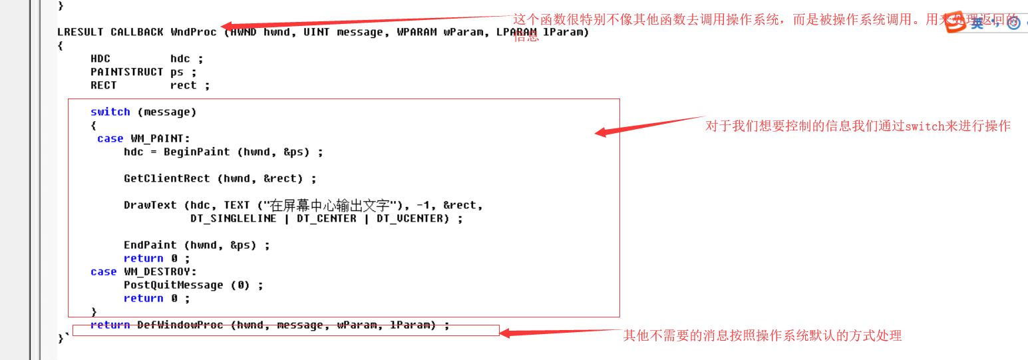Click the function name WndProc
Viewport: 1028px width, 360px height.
tap(194, 32)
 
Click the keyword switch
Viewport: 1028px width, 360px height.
tap(110, 112)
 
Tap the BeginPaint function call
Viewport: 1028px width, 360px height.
tap(196, 152)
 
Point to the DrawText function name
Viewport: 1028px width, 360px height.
tap(150, 205)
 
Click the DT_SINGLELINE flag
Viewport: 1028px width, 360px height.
tap(233, 218)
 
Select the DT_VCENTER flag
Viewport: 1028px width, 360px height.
tap(409, 218)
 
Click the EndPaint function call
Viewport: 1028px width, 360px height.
tap(150, 245)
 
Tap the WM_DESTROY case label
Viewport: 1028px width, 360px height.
tap(160, 271)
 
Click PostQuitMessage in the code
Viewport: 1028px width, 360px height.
tap(173, 285)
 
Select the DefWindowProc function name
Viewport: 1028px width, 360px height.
tap(180, 325)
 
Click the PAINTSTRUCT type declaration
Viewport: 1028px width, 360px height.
tap(126, 72)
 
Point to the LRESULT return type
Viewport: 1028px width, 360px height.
tap(81, 32)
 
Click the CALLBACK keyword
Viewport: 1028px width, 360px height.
tap(136, 32)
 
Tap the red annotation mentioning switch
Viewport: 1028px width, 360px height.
tap(858, 126)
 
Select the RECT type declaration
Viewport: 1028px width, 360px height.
tap(103, 85)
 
